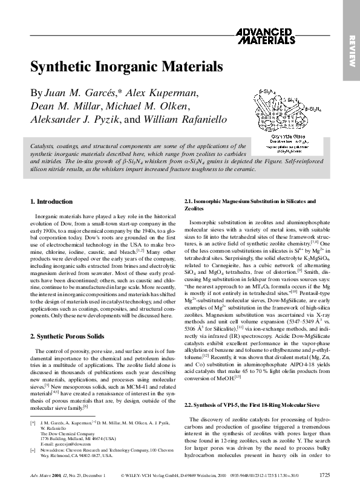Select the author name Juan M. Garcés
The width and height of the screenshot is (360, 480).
79,94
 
